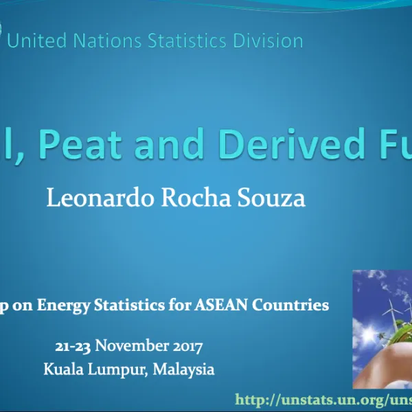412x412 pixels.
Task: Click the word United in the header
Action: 37,41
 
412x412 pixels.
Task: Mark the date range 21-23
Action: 72,345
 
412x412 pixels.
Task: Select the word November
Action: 132,345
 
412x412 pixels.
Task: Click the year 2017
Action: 186,345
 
